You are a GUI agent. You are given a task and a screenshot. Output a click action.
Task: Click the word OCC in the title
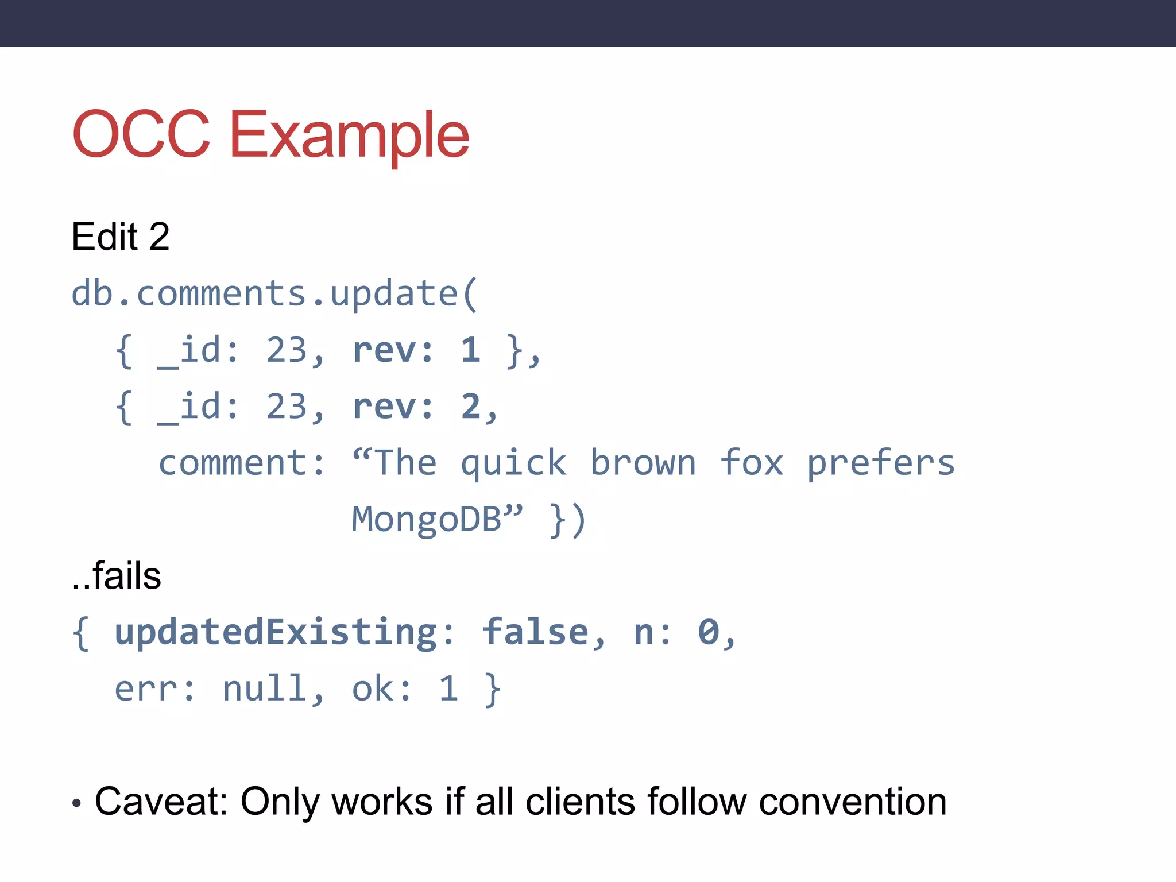click(x=141, y=134)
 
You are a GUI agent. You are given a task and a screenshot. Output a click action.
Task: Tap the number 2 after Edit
click(x=159, y=237)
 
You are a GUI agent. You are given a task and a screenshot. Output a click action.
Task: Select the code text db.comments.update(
click(x=274, y=294)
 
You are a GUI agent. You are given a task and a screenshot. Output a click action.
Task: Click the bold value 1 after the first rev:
click(x=470, y=350)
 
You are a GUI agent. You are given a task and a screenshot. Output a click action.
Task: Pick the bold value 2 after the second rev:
click(x=470, y=407)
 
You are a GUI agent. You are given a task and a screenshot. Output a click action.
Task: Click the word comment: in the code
click(x=242, y=463)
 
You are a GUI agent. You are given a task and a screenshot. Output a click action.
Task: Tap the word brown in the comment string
click(x=643, y=463)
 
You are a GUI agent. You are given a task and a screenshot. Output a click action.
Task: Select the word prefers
click(x=881, y=463)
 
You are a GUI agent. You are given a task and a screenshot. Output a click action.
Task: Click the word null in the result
click(x=264, y=689)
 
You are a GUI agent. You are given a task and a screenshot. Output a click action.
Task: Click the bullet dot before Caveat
click(x=77, y=803)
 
